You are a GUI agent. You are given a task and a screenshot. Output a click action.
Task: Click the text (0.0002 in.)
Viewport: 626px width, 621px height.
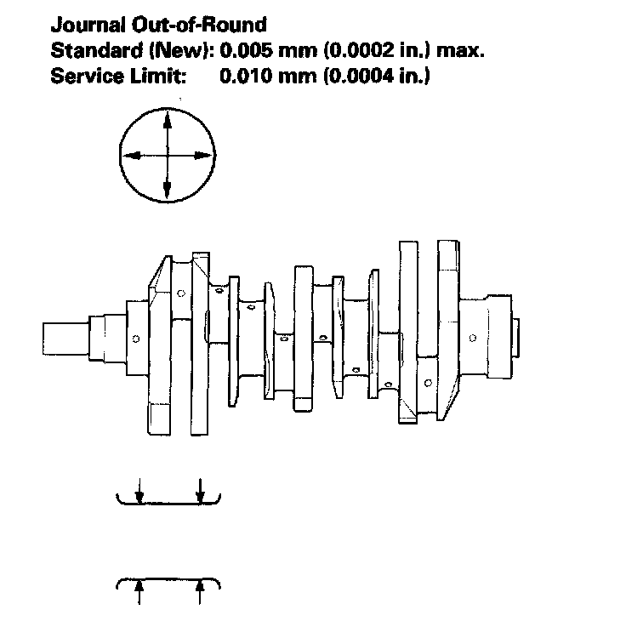[x=375, y=50]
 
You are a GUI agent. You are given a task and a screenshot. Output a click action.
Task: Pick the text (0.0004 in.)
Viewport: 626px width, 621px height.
[x=375, y=76]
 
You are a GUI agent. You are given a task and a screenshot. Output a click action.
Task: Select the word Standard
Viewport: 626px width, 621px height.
[x=91, y=50]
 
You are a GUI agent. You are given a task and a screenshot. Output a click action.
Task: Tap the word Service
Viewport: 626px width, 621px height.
[x=83, y=76]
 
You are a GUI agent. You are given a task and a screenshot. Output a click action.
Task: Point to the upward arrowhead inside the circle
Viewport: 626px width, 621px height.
[x=167, y=119]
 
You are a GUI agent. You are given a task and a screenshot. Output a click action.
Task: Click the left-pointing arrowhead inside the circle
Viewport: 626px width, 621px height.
[x=130, y=156]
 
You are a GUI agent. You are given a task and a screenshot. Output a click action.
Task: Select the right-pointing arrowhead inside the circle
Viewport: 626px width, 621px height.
[x=203, y=156]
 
